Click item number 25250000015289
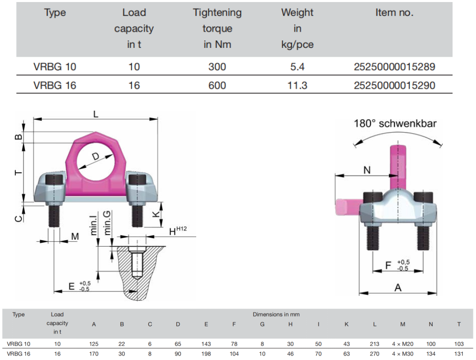point(394,67)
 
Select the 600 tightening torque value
point(217,85)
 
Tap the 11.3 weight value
point(297,85)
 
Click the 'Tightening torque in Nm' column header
point(217,28)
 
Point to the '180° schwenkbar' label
point(395,123)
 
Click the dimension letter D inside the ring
point(96,157)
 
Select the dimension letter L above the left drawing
point(96,114)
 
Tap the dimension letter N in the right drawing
point(367,170)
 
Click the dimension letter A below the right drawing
point(398,288)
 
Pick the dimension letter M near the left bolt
point(75,237)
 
